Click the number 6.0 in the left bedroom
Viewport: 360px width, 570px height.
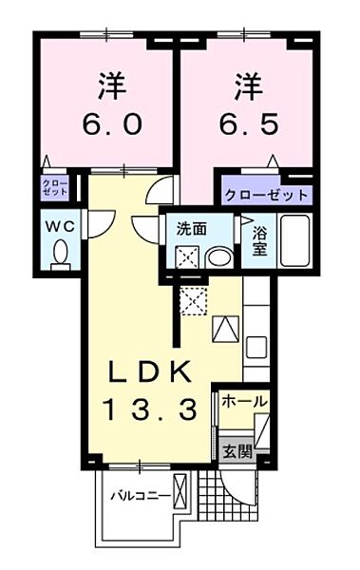[x=104, y=124]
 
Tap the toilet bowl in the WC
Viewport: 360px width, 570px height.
[x=61, y=255]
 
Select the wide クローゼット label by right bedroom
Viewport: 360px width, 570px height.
[x=267, y=196]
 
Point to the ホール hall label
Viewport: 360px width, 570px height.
[x=244, y=403]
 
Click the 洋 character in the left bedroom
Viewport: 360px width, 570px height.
[x=104, y=85]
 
